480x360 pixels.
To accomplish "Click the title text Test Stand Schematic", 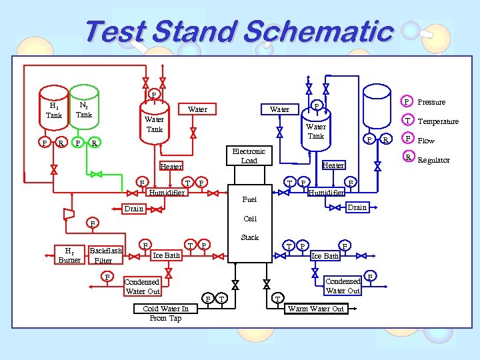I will pyautogui.click(x=239, y=32).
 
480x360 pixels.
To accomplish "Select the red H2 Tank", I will pyautogui.click(x=53, y=110).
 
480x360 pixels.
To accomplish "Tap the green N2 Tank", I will pyautogui.click(x=83, y=109).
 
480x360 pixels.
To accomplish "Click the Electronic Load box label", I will pyautogui.click(x=249, y=156).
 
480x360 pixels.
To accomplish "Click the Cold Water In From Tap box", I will pyautogui.click(x=165, y=313).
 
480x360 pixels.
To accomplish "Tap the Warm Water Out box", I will pyautogui.click(x=315, y=309).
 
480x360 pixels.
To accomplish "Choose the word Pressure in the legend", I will pyautogui.click(x=431, y=102).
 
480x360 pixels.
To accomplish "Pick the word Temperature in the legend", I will pyautogui.click(x=437, y=121).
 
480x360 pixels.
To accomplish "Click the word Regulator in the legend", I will pyautogui.click(x=433, y=160).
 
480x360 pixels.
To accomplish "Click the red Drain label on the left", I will pyautogui.click(x=134, y=209).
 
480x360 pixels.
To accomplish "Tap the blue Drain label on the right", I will pyautogui.click(x=357, y=207).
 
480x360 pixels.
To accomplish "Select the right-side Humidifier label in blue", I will pyautogui.click(x=326, y=193).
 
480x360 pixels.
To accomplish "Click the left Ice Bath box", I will pyautogui.click(x=166, y=255).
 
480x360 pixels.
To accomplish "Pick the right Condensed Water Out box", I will pyautogui.click(x=343, y=286).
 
